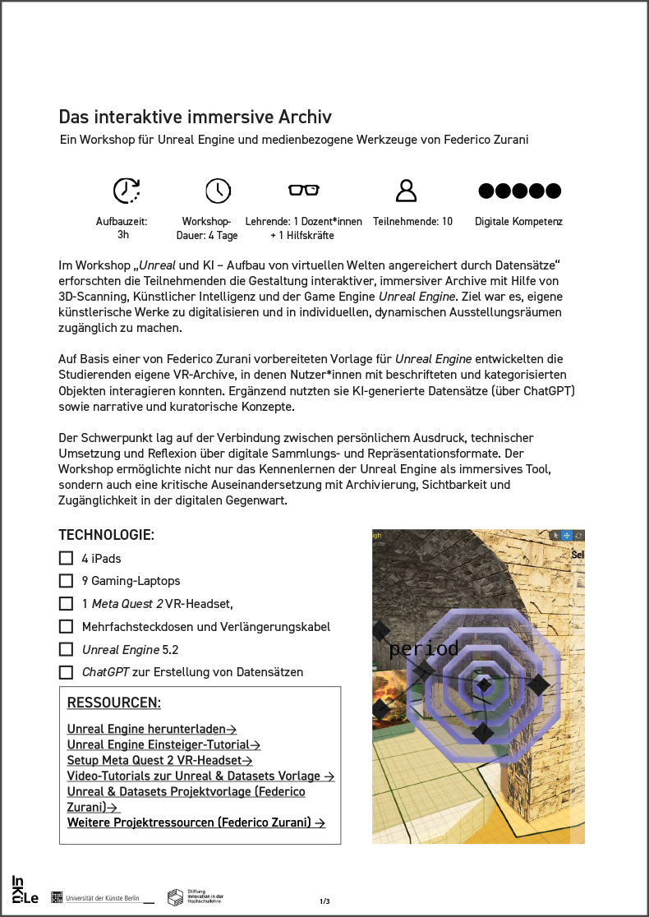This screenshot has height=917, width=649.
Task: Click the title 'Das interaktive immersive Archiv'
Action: [195, 118]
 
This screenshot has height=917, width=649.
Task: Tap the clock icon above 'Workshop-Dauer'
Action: [218, 191]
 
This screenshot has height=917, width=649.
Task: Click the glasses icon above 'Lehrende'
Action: [303, 190]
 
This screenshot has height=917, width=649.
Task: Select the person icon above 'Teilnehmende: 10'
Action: [406, 191]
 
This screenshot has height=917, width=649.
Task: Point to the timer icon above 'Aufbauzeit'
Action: [127, 191]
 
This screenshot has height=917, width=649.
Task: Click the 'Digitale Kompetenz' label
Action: [518, 222]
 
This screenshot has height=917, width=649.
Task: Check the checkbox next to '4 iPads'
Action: [67, 558]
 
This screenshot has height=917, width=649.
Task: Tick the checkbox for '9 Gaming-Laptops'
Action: [67, 581]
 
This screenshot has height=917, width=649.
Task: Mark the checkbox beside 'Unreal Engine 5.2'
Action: [67, 649]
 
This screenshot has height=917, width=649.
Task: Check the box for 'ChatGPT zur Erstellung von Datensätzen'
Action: [67, 672]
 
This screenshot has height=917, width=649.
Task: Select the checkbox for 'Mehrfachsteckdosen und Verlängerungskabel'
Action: [67, 626]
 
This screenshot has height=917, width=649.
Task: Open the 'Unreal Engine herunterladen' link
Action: [152, 729]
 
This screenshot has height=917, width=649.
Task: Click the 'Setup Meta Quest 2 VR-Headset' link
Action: [159, 760]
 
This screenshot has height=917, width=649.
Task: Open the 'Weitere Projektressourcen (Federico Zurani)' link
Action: [196, 823]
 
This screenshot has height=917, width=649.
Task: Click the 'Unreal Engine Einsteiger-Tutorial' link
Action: [163, 744]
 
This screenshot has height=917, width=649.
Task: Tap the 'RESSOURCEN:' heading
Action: [113, 703]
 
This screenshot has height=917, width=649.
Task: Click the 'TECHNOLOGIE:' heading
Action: [106, 535]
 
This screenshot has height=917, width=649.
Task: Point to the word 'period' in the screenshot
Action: [424, 648]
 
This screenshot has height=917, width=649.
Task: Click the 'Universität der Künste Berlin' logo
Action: [102, 898]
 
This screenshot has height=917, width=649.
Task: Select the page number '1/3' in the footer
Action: [324, 901]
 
